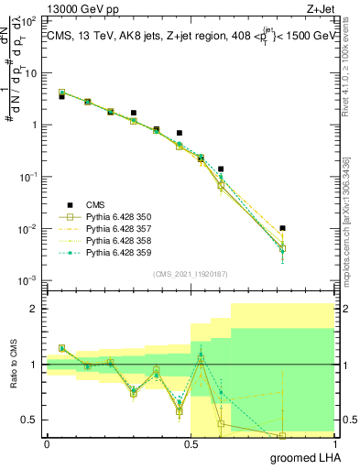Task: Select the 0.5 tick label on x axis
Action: [x=191, y=443]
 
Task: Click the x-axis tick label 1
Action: [x=333, y=443]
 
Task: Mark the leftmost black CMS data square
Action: [x=61, y=96]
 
